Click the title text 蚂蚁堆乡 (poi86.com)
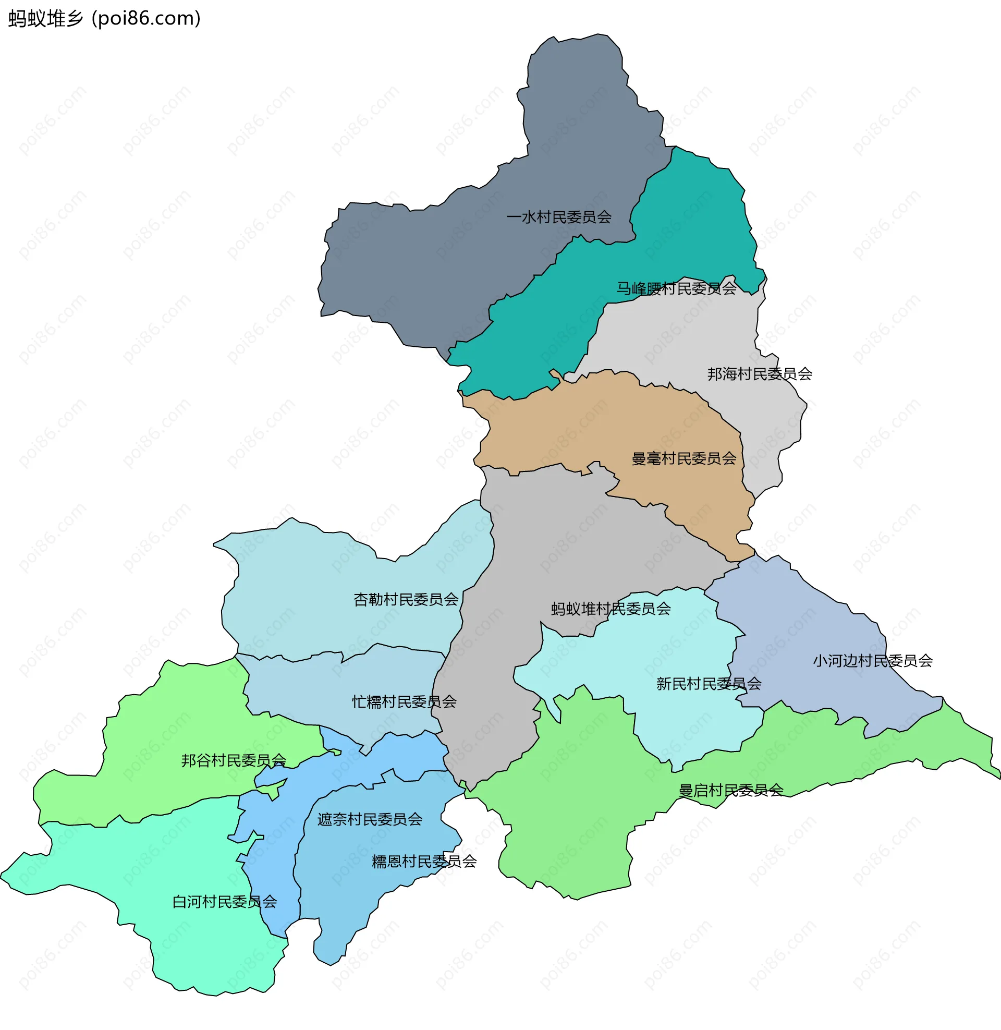point(104,19)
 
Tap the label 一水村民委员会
point(558,217)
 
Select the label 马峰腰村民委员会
point(676,288)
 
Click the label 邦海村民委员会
point(759,374)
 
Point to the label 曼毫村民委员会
point(683,459)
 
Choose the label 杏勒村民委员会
point(405,600)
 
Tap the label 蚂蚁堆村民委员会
point(611,609)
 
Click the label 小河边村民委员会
point(872,661)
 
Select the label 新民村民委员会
point(708,684)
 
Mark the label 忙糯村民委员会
point(404,702)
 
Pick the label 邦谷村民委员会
point(234,761)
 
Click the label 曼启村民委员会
point(731,791)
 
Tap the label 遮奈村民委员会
point(370,820)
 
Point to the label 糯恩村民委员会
point(424,862)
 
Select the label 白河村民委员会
point(225,902)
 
